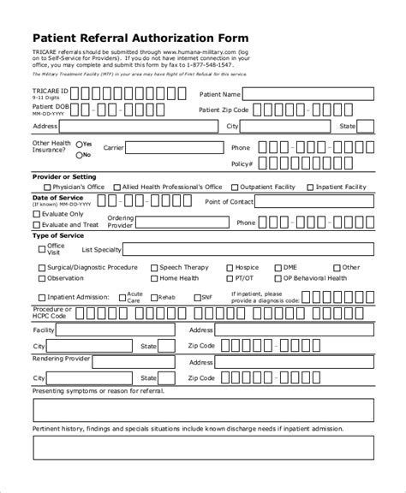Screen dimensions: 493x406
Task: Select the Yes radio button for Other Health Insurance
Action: point(79,144)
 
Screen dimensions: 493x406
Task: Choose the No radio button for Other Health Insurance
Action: point(79,155)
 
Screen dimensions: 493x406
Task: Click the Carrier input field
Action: point(175,147)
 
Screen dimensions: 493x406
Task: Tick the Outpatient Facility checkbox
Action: point(235,187)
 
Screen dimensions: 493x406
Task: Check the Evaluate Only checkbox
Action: point(35,214)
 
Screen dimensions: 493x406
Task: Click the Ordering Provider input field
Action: point(180,223)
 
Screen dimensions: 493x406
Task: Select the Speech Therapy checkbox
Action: point(154,267)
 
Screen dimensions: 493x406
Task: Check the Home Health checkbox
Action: point(154,278)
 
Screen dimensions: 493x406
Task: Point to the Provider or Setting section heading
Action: point(64,176)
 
